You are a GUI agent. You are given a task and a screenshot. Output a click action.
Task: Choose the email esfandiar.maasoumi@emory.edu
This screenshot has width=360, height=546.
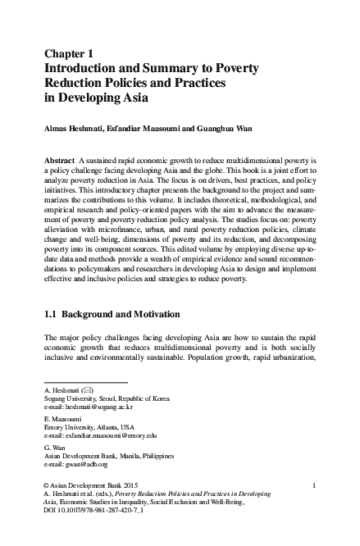pos(111,435)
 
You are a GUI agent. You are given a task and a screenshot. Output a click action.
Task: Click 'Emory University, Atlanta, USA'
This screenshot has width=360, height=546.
pos(89,427)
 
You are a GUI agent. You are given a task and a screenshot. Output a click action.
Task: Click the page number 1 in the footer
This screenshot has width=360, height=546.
pos(315,486)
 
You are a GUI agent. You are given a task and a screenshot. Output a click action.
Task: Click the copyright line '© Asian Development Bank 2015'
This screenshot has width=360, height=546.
pos(92,486)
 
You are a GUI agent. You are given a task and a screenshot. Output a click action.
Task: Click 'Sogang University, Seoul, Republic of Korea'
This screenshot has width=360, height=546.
pos(106,398)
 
